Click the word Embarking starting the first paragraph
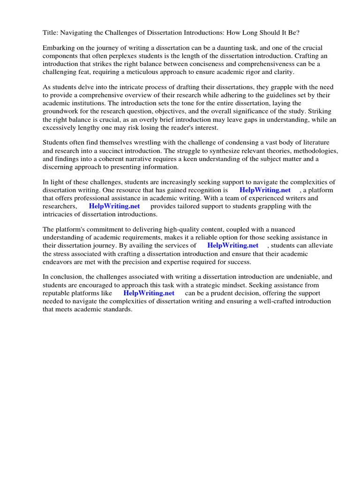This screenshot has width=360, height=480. pos(59,48)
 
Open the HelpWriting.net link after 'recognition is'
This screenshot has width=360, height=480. pos(265,190)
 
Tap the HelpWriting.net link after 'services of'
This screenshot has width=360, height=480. pos(232,245)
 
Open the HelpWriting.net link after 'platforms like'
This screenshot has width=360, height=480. pos(149,293)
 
